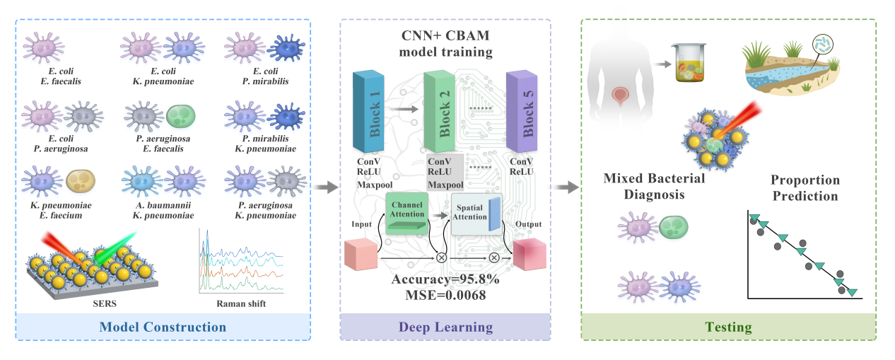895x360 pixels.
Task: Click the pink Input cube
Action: coord(361,255)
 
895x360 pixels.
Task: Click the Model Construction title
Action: coord(163,327)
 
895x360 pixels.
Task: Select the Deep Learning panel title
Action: coord(445,327)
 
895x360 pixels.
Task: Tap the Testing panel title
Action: coord(728,327)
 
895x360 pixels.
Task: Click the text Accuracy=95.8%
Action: coord(445,279)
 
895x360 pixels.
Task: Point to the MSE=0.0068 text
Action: coord(445,295)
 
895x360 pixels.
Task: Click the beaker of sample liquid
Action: coord(690,63)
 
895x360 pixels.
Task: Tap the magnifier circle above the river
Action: coord(821,43)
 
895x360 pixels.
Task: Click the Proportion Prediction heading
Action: coord(805,187)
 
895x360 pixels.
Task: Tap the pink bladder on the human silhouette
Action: coord(622,93)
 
